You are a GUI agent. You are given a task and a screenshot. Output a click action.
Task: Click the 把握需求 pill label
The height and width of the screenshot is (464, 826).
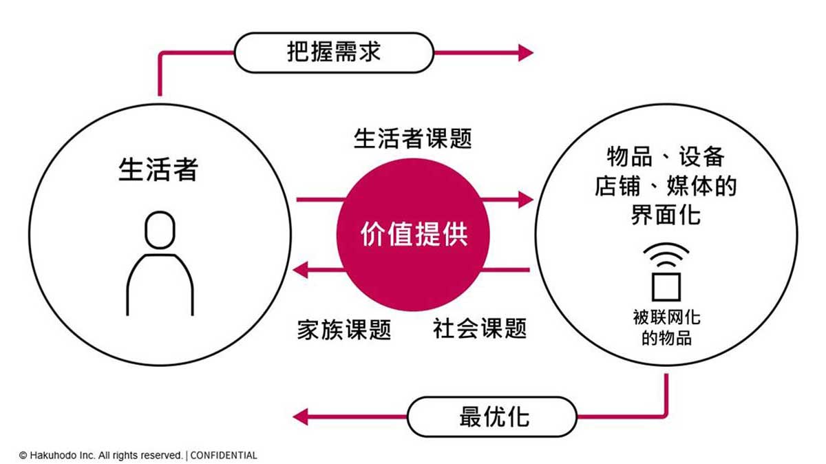click(334, 52)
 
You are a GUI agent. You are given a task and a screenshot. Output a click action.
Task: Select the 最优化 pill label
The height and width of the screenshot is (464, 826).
click(493, 416)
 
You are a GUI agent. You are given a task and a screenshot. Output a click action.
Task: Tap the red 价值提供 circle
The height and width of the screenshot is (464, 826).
click(413, 235)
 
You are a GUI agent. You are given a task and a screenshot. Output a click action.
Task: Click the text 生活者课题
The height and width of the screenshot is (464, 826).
click(412, 138)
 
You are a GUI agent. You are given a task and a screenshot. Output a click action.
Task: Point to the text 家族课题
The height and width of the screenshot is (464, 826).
click(343, 329)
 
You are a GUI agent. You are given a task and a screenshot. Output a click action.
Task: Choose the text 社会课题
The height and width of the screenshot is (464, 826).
click(479, 328)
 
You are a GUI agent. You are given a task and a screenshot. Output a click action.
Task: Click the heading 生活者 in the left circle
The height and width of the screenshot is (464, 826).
click(158, 169)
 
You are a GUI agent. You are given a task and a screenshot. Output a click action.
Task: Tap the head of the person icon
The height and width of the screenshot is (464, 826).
click(160, 229)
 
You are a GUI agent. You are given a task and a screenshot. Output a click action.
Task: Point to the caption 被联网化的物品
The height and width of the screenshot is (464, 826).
click(666, 328)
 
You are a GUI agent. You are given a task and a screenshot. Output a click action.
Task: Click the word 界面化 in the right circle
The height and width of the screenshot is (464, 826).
click(666, 215)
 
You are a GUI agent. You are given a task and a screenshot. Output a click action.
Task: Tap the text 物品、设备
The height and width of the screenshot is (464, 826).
click(666, 156)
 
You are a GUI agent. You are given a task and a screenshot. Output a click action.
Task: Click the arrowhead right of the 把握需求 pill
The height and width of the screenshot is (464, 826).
click(525, 52)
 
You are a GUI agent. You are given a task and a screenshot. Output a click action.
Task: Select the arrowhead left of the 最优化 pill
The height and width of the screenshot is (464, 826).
click(301, 416)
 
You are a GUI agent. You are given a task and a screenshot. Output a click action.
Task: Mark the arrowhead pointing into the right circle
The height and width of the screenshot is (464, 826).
click(525, 200)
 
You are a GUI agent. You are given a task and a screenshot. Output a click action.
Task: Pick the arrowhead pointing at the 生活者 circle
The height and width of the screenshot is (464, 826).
click(301, 270)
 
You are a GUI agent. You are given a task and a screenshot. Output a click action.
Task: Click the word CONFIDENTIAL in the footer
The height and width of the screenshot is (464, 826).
click(224, 456)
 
